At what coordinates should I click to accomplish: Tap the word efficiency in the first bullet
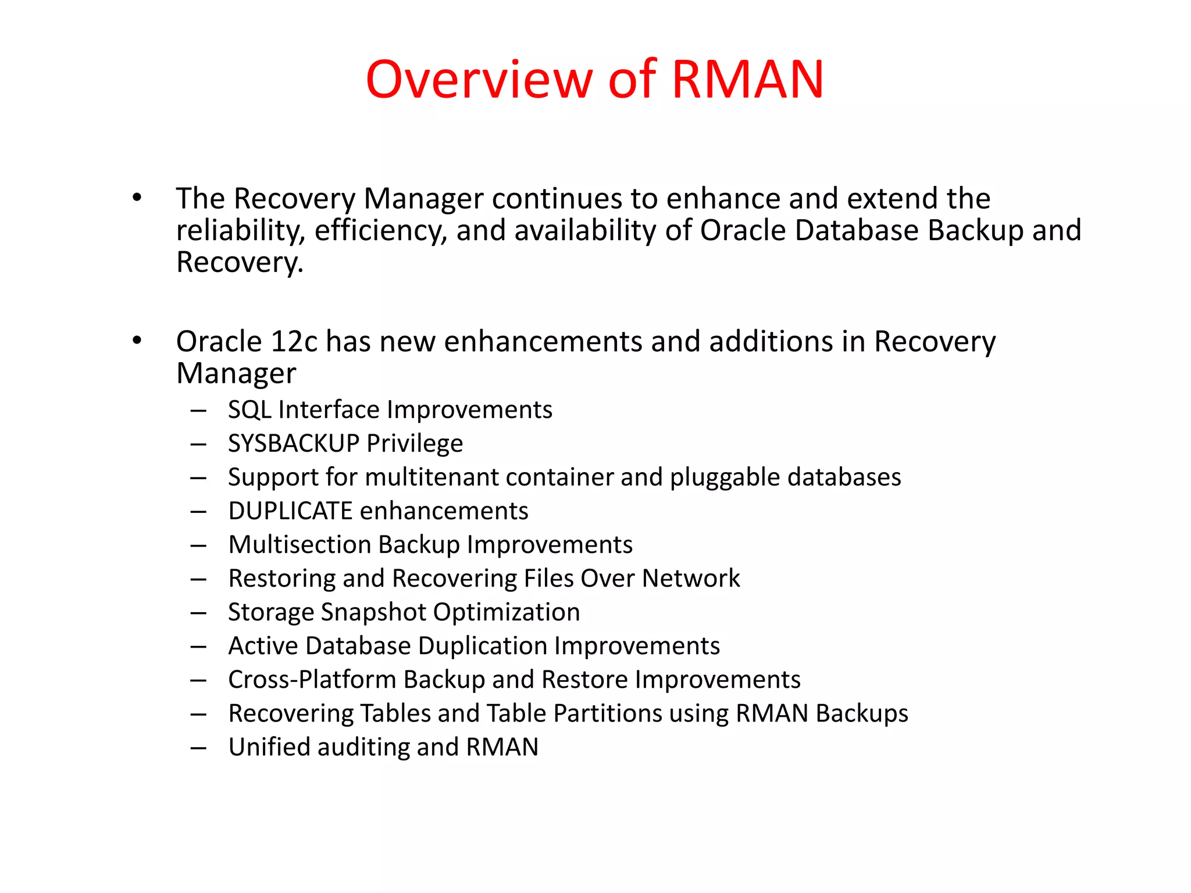pyautogui.click(x=381, y=231)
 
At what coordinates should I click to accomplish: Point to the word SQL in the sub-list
pyautogui.click(x=249, y=410)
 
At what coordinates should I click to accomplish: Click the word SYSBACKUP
pyautogui.click(x=294, y=444)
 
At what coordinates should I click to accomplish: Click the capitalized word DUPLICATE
pyautogui.click(x=290, y=511)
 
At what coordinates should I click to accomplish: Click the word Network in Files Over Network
pyautogui.click(x=691, y=578)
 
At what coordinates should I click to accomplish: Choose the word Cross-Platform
pyautogui.click(x=312, y=680)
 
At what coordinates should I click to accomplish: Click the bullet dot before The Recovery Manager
pyautogui.click(x=137, y=198)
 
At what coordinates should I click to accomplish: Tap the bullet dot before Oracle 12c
pyautogui.click(x=137, y=341)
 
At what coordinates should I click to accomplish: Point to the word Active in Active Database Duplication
pyautogui.click(x=263, y=646)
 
